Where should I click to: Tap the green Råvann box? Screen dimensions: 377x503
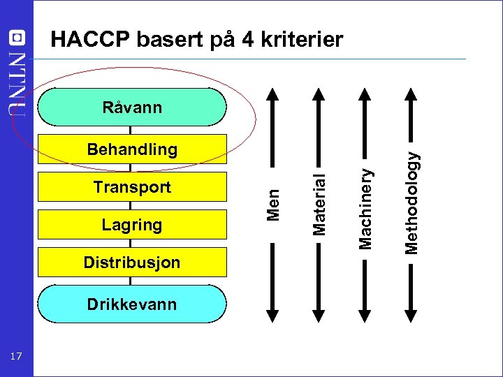[x=132, y=107]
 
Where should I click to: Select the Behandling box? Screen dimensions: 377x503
[x=132, y=149]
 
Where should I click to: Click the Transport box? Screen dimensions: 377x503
[x=132, y=187]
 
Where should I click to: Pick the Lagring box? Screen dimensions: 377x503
[x=132, y=225]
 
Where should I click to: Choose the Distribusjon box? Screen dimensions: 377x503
[x=132, y=263]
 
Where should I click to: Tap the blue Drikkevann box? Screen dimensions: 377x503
[x=132, y=304]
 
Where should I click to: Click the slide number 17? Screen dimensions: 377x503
[x=17, y=357]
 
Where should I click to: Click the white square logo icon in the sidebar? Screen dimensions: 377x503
[x=17, y=38]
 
